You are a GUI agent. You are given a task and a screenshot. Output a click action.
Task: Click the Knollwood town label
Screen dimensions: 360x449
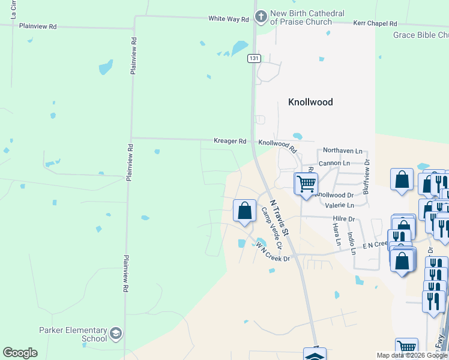coord(310,102)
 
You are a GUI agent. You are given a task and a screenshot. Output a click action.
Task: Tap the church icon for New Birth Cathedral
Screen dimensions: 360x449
coord(261,17)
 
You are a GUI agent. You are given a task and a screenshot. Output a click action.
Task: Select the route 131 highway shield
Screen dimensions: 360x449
coord(254,58)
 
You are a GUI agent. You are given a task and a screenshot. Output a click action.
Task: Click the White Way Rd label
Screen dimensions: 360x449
coord(228,19)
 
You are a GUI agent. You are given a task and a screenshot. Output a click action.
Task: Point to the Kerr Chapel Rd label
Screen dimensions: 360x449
coord(375,23)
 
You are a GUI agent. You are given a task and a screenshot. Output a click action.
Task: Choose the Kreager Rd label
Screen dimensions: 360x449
coord(230,142)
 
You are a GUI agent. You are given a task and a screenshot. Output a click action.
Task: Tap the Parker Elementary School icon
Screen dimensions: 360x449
coord(116,333)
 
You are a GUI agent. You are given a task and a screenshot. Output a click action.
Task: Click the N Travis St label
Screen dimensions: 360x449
coord(280,217)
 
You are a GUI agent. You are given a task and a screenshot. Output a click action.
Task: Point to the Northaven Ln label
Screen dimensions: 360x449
coord(343,151)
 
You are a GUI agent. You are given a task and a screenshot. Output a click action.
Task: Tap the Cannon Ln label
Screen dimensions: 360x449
coord(334,163)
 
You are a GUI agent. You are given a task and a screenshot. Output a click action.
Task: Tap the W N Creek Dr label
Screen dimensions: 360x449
coord(273,252)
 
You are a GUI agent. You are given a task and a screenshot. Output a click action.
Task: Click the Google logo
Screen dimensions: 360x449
coord(20,353)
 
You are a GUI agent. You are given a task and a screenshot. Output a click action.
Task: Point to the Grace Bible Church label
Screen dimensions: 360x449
coord(420,35)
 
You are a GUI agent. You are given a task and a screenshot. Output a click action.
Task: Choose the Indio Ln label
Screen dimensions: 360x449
coord(354,239)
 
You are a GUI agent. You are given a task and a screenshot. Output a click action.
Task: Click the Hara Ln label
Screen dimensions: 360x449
coord(337,235)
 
